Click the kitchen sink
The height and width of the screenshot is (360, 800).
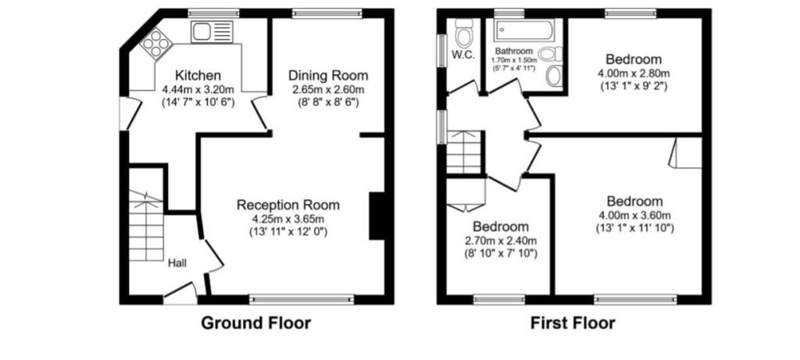pos(212,31)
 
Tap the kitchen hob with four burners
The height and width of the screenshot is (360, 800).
pos(156,44)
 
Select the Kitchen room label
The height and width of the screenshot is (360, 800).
pos(198,76)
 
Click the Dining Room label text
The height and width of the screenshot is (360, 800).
pos(328,76)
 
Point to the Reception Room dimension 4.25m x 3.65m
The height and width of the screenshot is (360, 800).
pos(287,219)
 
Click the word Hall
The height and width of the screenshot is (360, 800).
pos(177,264)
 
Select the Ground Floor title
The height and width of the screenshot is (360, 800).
pos(255,323)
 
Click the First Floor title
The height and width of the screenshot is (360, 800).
pos(573,323)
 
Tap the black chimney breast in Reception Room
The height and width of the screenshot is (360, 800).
pos(377,216)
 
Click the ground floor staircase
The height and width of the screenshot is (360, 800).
pos(146,226)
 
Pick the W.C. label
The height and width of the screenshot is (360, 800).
pos(463,55)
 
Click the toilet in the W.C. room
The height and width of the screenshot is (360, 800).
pos(464,34)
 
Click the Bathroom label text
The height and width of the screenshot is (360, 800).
pos(514,51)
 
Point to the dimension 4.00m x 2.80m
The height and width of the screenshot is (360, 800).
pos(634,73)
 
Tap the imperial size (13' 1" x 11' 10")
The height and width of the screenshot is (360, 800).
pos(634,228)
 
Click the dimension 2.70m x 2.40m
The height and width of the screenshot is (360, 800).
pos(501,241)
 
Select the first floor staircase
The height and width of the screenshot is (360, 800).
pos(464,152)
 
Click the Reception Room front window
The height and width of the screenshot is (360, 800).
pos(302,299)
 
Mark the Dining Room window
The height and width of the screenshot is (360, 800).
pos(327,13)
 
